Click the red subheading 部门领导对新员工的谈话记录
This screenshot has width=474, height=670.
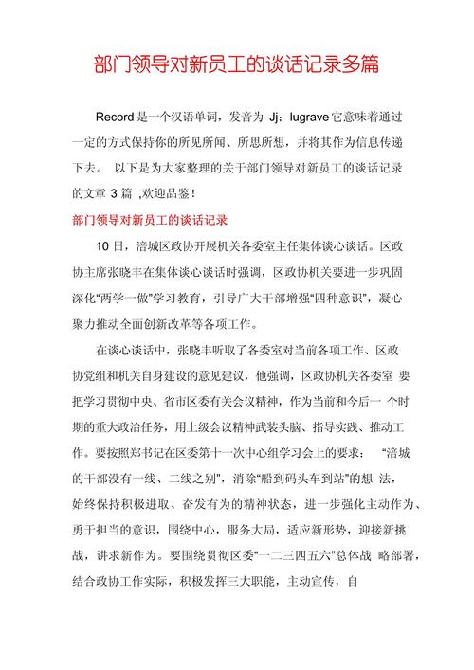(x=150, y=221)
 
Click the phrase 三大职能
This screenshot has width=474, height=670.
(x=270, y=578)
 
